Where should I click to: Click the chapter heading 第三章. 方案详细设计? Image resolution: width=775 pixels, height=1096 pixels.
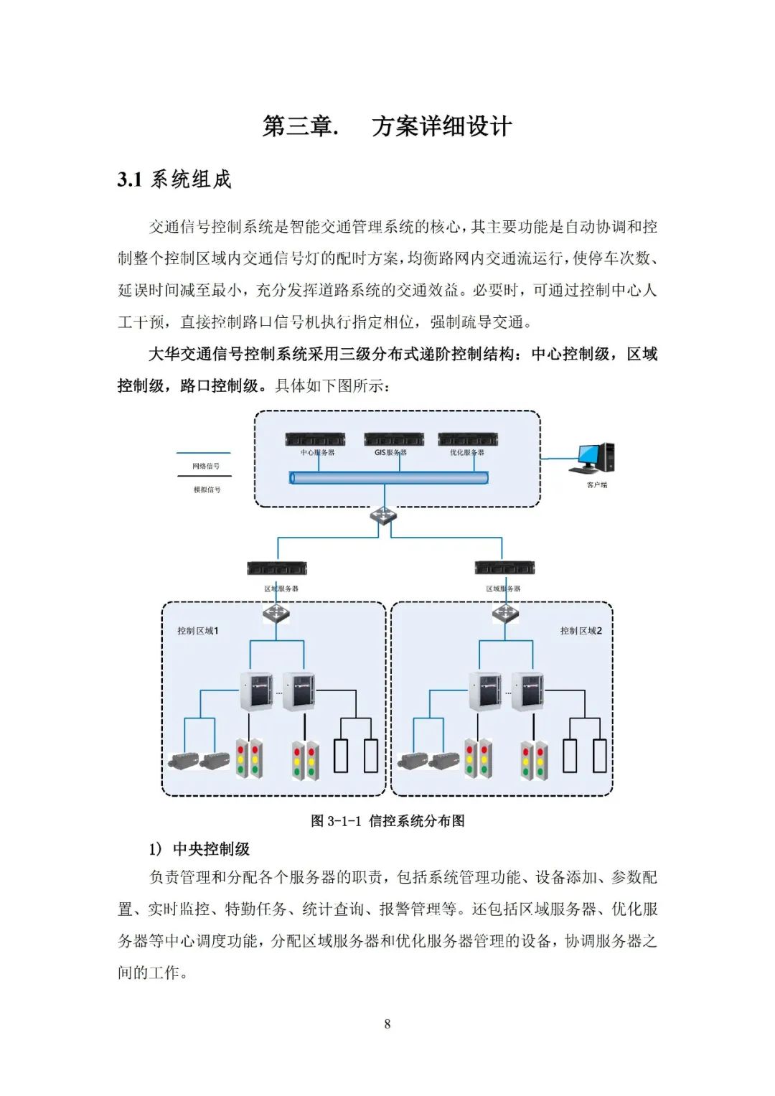point(387,126)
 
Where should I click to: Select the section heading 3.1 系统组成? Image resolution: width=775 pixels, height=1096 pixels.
point(174,179)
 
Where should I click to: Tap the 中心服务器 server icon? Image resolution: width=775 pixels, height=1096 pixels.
point(315,439)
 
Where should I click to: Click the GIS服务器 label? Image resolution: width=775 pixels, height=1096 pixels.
point(390,453)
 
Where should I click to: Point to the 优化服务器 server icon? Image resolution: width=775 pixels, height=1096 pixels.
point(468,439)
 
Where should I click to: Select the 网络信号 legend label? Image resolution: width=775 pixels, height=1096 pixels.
point(206,467)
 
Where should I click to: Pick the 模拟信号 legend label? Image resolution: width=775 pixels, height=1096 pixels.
point(207,490)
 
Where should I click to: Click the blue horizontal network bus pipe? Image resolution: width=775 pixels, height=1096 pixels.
point(388,478)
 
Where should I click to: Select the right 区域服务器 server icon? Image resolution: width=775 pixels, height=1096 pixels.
point(504,568)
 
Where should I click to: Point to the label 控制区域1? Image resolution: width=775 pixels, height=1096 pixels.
point(197,631)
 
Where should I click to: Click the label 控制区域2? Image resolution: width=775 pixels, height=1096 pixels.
point(581,631)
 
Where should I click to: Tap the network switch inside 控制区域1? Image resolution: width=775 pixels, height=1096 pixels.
point(276,614)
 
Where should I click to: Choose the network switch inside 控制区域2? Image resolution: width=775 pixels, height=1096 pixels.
point(505,614)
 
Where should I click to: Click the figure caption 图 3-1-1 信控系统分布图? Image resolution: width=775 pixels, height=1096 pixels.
point(387,821)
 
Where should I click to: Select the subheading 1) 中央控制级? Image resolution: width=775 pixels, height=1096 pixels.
point(199,849)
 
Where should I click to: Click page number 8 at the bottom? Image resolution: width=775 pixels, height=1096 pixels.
point(387,1024)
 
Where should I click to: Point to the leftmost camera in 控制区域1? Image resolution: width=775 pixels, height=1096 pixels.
point(184,761)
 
